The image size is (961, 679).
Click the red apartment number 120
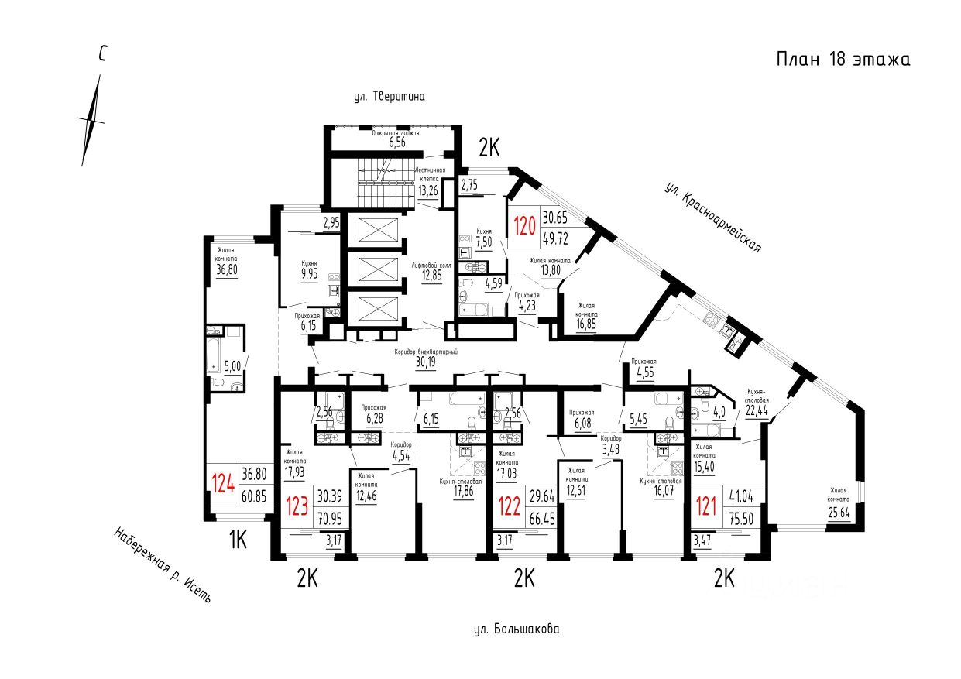[x=525, y=226]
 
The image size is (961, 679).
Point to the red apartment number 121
[x=706, y=505]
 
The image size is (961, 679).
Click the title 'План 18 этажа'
[x=843, y=60]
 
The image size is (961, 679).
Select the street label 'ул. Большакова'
[x=516, y=629]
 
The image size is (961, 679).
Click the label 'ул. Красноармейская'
[x=713, y=218]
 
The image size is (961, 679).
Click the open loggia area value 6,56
[x=397, y=142]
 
